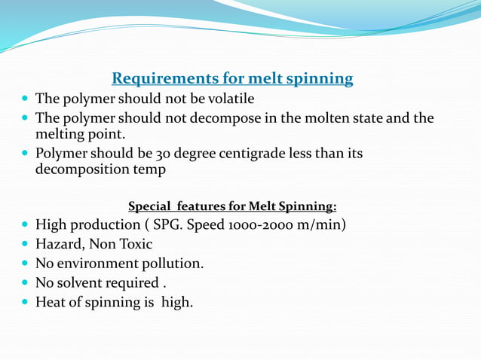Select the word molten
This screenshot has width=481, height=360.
pyautogui.click(x=319, y=118)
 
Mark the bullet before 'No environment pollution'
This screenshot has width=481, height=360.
pyautogui.click(x=26, y=264)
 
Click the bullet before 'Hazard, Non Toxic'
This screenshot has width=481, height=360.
pyautogui.click(x=26, y=244)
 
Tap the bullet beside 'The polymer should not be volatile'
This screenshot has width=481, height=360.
pyautogui.click(x=26, y=99)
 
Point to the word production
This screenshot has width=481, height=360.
pyautogui.click(x=105, y=224)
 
